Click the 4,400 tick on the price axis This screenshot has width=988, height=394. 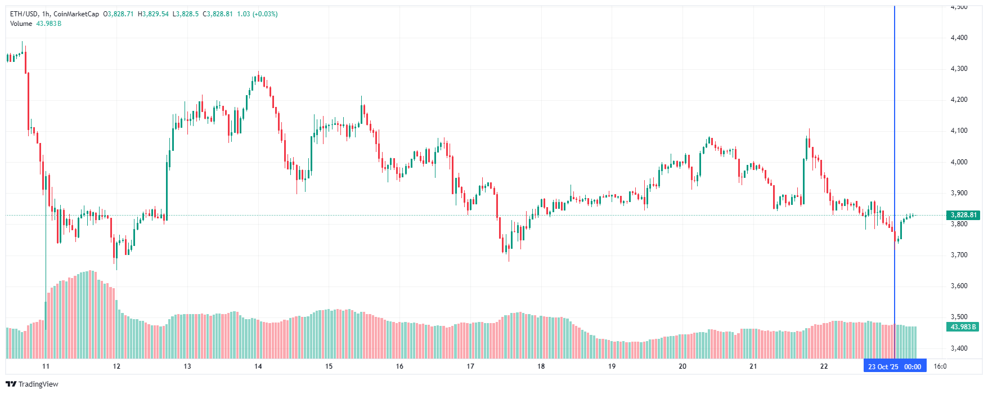click(x=959, y=38)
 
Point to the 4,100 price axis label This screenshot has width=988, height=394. click(x=959, y=131)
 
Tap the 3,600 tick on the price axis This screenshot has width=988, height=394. click(x=959, y=286)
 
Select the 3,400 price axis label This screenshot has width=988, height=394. click(x=959, y=348)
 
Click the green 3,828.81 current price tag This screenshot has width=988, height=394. click(x=963, y=215)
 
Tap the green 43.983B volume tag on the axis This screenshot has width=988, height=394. click(x=963, y=327)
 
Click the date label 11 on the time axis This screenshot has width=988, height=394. click(x=46, y=366)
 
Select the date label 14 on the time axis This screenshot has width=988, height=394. click(x=258, y=366)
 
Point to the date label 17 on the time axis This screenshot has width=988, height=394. click(x=470, y=366)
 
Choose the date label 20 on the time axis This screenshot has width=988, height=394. click(x=682, y=366)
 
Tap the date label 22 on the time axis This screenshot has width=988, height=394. click(x=824, y=366)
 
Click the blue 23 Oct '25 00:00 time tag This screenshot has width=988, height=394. click(x=895, y=367)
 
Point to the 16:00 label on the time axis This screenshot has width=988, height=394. click(x=940, y=366)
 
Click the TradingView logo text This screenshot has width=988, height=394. click(x=38, y=384)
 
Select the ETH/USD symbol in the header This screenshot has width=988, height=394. click(x=24, y=14)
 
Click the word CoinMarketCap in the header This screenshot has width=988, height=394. click(x=77, y=14)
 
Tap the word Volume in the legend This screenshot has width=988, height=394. click(x=21, y=24)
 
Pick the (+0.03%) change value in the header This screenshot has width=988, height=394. click(x=265, y=14)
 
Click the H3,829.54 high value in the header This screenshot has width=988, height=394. click(x=153, y=14)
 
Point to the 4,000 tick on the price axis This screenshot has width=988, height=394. click(x=959, y=162)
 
